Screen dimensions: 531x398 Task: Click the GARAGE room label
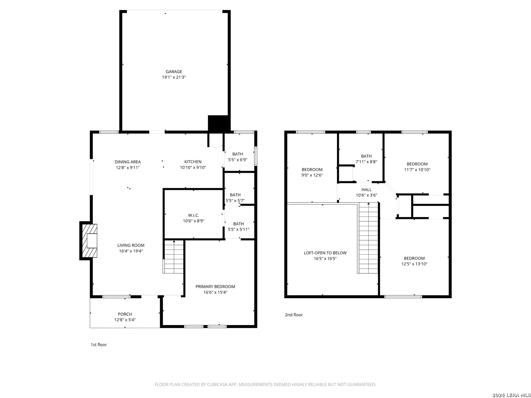coord(174,71)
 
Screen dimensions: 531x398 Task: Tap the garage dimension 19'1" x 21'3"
coord(174,77)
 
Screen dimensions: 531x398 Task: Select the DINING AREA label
coord(128,162)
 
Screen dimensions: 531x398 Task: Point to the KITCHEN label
coord(193,162)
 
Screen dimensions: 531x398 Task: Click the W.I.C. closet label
coord(193,215)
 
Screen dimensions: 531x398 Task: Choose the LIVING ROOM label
coord(131,245)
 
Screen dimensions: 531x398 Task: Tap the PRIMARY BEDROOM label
coord(215,286)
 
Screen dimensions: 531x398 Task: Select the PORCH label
coord(125,314)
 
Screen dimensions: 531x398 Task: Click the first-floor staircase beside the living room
coord(174,256)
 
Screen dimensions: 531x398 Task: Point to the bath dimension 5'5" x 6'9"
coord(237,160)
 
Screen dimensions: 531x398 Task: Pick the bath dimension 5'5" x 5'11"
coord(238,229)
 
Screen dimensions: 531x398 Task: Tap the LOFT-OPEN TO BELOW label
coord(325,253)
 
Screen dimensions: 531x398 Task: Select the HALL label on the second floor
coord(366,189)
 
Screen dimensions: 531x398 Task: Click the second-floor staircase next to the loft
coord(368,238)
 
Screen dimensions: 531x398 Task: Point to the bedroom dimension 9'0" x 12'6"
coord(312,175)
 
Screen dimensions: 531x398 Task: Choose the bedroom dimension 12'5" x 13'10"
coord(414,264)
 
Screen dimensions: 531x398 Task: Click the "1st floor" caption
coord(98,344)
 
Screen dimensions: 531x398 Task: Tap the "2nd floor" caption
coord(294,315)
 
